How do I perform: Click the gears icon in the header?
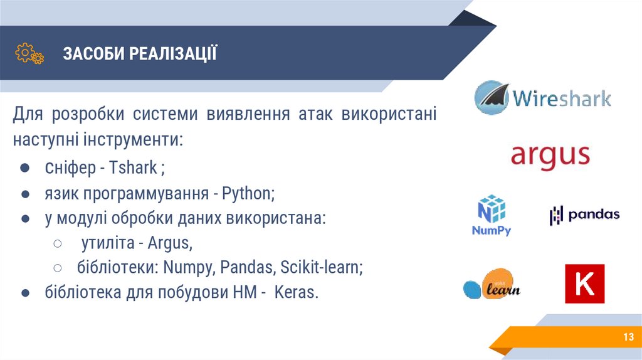(x=29, y=53)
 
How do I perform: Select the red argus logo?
(x=550, y=154)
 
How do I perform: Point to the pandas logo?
(x=584, y=215)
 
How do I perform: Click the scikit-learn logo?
(x=492, y=287)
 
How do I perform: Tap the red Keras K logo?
(x=584, y=283)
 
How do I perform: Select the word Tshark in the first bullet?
(x=134, y=168)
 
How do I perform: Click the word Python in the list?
(x=248, y=193)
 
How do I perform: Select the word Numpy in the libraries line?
(x=189, y=268)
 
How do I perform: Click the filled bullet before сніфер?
(x=23, y=169)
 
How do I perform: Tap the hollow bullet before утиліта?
(x=57, y=243)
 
